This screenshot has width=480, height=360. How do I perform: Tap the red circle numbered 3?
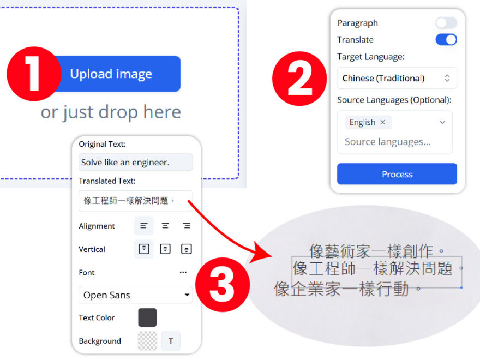[x=222, y=284]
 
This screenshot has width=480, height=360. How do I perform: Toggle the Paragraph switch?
[x=446, y=23]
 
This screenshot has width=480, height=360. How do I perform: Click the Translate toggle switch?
[x=446, y=39]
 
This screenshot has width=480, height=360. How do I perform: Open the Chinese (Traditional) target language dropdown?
[x=397, y=78]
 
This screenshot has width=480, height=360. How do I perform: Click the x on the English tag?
[x=382, y=122]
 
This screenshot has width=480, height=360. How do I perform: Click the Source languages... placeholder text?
[x=387, y=142]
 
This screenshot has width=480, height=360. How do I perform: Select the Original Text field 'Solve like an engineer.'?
[x=135, y=162]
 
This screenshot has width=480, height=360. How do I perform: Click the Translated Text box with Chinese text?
[x=135, y=201]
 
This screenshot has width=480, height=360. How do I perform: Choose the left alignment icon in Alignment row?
[x=144, y=226]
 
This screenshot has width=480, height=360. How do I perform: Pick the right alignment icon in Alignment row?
[x=187, y=226]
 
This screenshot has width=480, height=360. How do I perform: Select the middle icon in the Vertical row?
[x=165, y=249]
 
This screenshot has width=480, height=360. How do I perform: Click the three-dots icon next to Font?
[x=183, y=272]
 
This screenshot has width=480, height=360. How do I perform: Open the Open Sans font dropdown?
[x=135, y=295]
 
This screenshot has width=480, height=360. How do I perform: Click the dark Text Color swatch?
[x=147, y=317]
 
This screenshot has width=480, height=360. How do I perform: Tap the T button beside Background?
[x=171, y=341]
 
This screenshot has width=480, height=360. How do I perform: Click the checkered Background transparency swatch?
[x=147, y=341]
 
